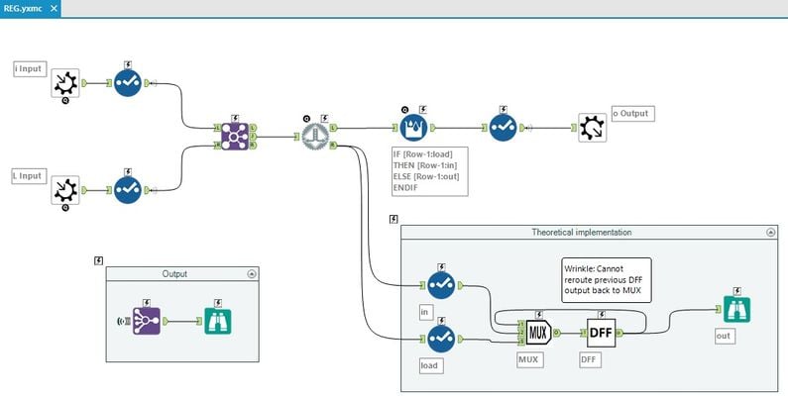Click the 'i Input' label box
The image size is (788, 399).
click(28, 68)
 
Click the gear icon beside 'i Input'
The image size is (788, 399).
click(65, 83)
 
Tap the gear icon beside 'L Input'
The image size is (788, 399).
click(65, 189)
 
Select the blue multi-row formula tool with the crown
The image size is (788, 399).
click(413, 128)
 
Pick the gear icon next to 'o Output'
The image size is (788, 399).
click(593, 128)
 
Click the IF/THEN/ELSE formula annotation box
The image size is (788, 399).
click(430, 170)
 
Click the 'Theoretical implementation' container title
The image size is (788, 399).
click(582, 232)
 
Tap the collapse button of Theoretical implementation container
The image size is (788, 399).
click(771, 232)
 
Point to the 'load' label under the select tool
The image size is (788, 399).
click(429, 364)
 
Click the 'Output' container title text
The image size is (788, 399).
click(174, 273)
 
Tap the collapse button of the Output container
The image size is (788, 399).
click(251, 273)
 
